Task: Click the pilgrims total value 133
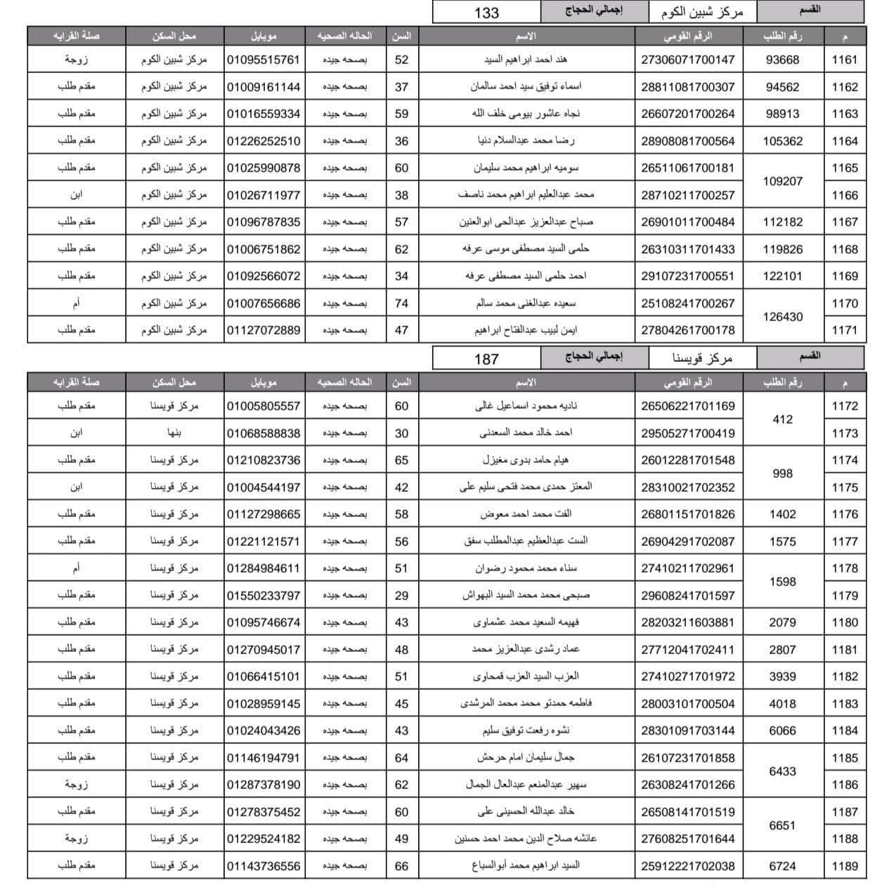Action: pyautogui.click(x=486, y=12)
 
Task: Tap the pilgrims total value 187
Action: pyautogui.click(x=486, y=358)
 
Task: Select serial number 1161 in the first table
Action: pyautogui.click(x=844, y=60)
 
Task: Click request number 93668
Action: pyautogui.click(x=782, y=60)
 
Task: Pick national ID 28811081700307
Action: pyautogui.click(x=687, y=87)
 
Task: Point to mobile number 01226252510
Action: pyautogui.click(x=264, y=141)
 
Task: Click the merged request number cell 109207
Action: pyautogui.click(x=782, y=181)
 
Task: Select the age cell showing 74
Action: pyautogui.click(x=401, y=303)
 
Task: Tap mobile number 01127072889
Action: pyautogui.click(x=264, y=330)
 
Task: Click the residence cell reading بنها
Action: pyautogui.click(x=174, y=433)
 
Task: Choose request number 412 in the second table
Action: pyautogui.click(x=782, y=419)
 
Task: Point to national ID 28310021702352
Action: pyautogui.click(x=687, y=487)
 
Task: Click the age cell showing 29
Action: pyautogui.click(x=401, y=595)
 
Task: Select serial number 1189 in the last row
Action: pyautogui.click(x=844, y=866)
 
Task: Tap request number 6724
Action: pyautogui.click(x=782, y=866)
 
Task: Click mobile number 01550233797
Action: pyautogui.click(x=264, y=595)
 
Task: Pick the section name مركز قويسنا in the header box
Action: pyautogui.click(x=701, y=358)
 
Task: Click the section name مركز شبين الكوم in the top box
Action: pyautogui.click(x=701, y=12)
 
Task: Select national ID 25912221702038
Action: pyautogui.click(x=687, y=866)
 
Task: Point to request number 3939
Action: pyautogui.click(x=782, y=677)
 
